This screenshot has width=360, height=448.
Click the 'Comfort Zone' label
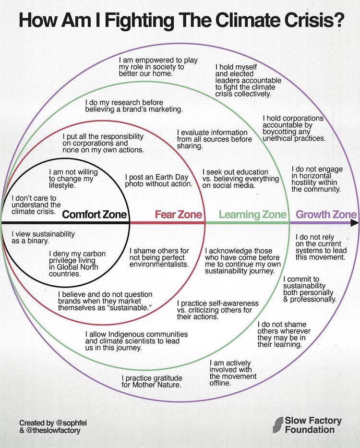click(x=95, y=215)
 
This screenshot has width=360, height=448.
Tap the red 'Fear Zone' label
click(x=178, y=215)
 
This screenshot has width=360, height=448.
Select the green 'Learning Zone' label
click(x=252, y=215)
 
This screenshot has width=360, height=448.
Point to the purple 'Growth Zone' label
click(x=326, y=215)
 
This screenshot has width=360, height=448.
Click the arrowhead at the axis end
click(x=354, y=223)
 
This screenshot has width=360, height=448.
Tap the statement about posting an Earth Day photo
click(x=158, y=180)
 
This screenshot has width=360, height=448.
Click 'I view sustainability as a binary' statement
click(x=43, y=238)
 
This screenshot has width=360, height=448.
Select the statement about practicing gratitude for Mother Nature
click(x=151, y=381)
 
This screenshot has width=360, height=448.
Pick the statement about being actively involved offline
click(x=230, y=373)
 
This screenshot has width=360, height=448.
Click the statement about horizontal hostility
click(x=317, y=179)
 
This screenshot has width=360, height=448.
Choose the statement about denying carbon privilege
click(x=77, y=264)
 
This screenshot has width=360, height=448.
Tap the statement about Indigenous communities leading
click(x=136, y=341)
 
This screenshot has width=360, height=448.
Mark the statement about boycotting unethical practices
click(x=294, y=128)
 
